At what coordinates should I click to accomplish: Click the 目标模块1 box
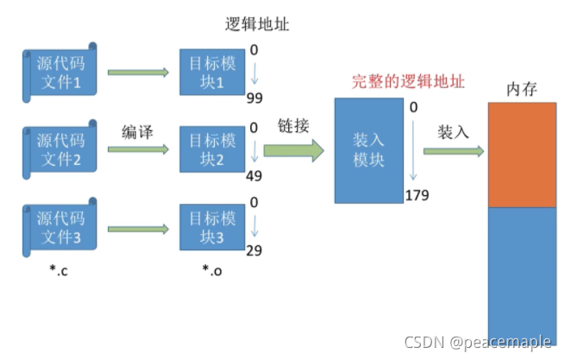210,72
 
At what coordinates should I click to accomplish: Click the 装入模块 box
368,150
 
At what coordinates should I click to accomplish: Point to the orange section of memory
522,155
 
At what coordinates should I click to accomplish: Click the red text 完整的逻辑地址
408,83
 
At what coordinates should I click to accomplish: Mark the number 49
254,177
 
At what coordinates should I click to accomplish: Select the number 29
254,249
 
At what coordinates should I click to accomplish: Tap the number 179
417,195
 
